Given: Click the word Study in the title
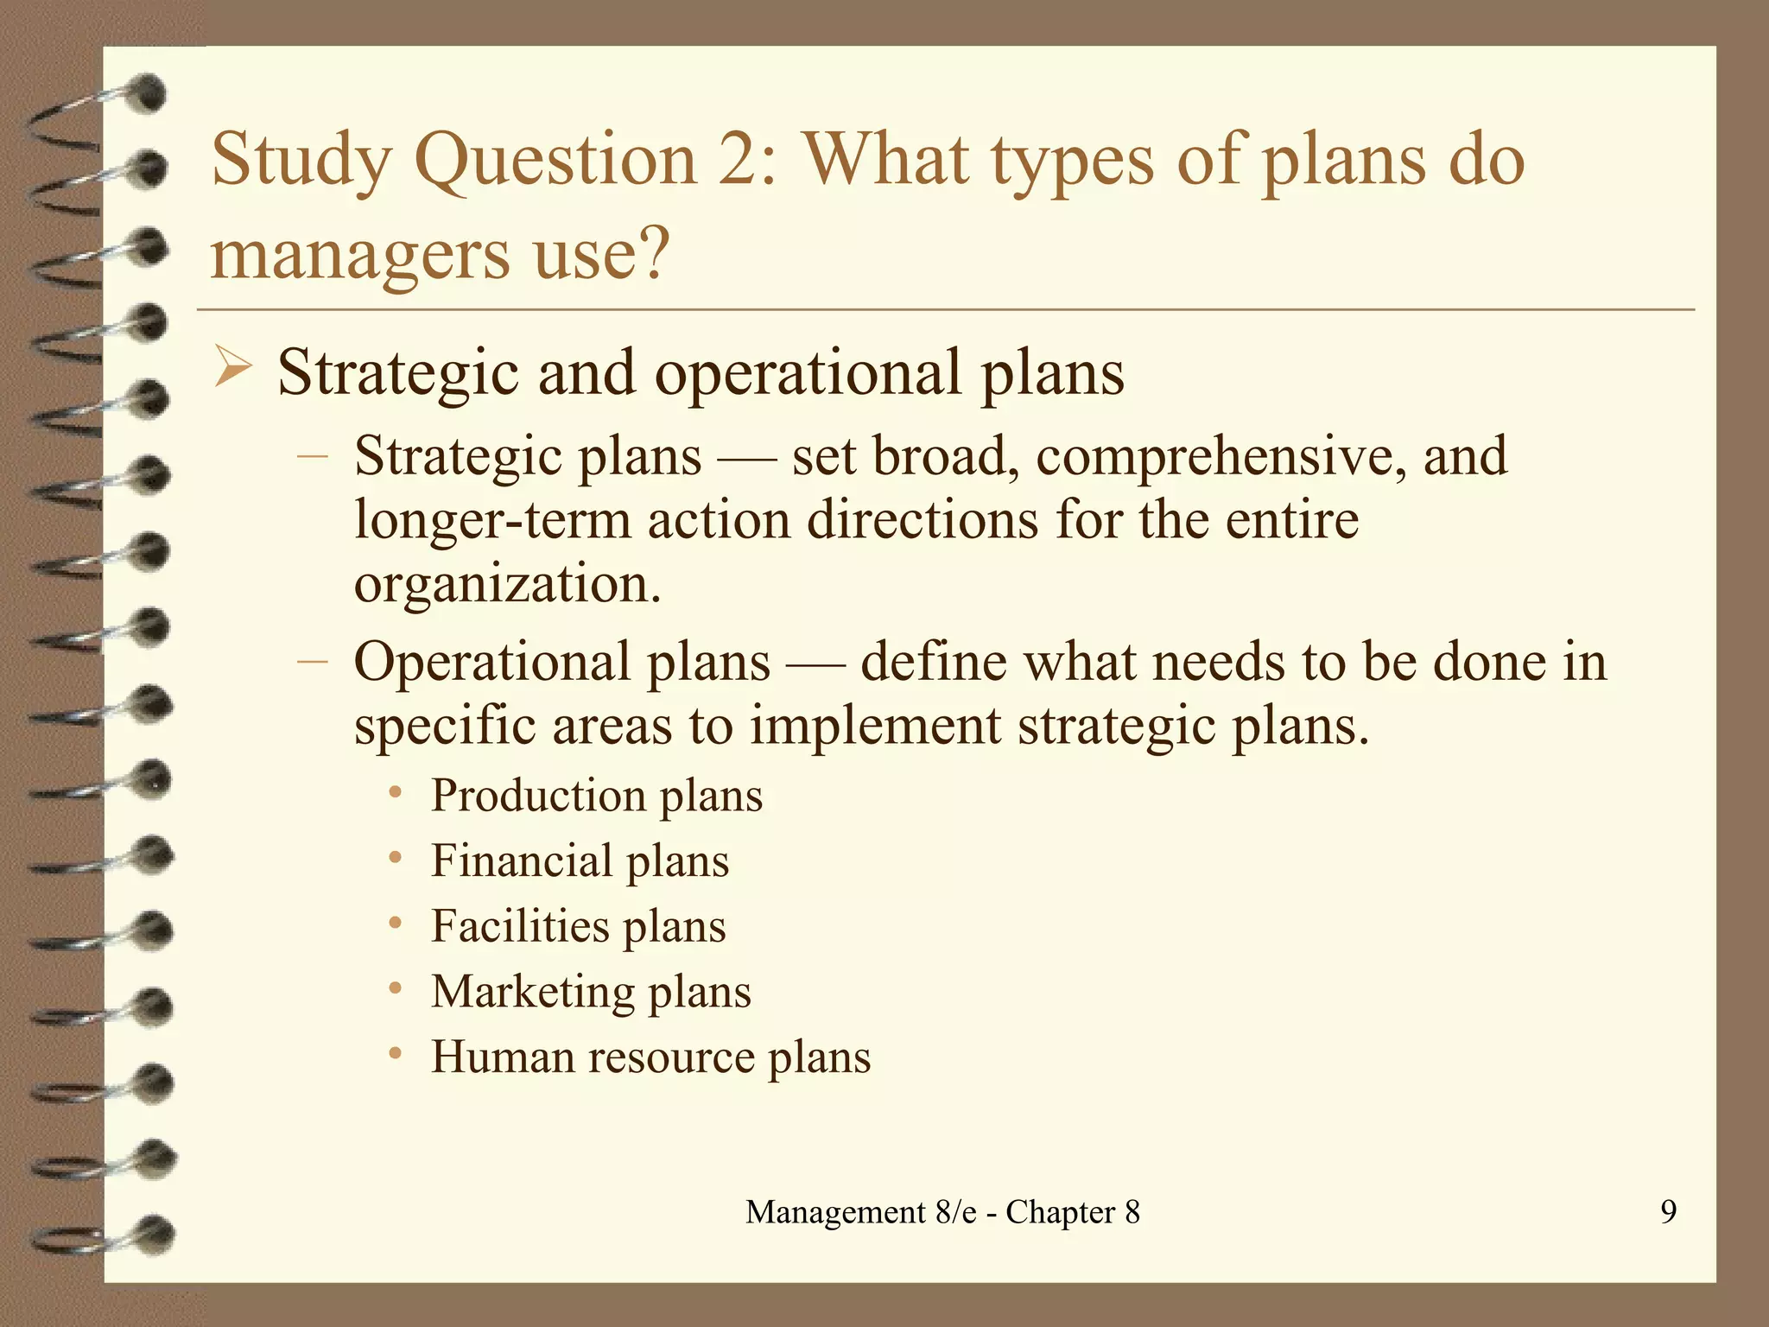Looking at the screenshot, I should pyautogui.click(x=301, y=162).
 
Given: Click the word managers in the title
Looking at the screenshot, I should pyautogui.click(x=359, y=256).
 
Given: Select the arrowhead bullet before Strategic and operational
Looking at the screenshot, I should pyautogui.click(x=231, y=367).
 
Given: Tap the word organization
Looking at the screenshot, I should pyautogui.click(x=507, y=585).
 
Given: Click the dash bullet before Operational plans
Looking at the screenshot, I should pyautogui.click(x=312, y=662).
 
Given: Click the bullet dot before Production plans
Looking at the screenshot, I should pyautogui.click(x=396, y=793).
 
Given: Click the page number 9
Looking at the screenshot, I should pyautogui.click(x=1668, y=1211).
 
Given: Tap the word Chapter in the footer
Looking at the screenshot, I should pyautogui.click(x=1060, y=1212).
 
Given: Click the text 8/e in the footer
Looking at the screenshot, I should pyautogui.click(x=955, y=1212).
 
